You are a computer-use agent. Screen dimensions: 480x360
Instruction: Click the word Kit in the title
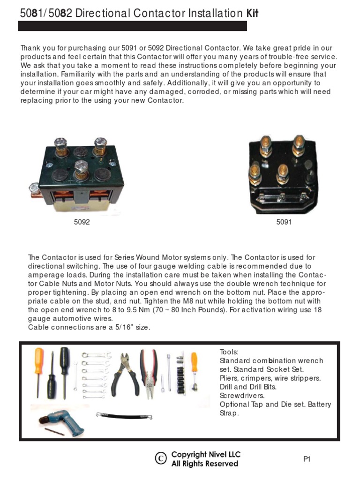click(252, 14)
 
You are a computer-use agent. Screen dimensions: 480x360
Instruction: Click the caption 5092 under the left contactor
click(82, 222)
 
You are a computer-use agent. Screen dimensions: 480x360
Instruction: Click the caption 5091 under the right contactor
click(284, 222)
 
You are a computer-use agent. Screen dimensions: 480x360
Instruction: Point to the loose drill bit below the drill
click(54, 431)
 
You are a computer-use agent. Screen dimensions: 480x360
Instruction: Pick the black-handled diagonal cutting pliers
click(125, 373)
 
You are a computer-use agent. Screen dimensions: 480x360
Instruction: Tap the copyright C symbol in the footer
click(161, 459)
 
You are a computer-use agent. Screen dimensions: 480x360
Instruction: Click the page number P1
click(307, 459)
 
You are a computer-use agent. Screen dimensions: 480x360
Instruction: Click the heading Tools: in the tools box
click(229, 352)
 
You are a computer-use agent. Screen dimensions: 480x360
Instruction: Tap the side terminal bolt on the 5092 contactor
click(34, 188)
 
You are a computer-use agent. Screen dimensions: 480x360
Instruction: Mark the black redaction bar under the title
click(132, 26)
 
